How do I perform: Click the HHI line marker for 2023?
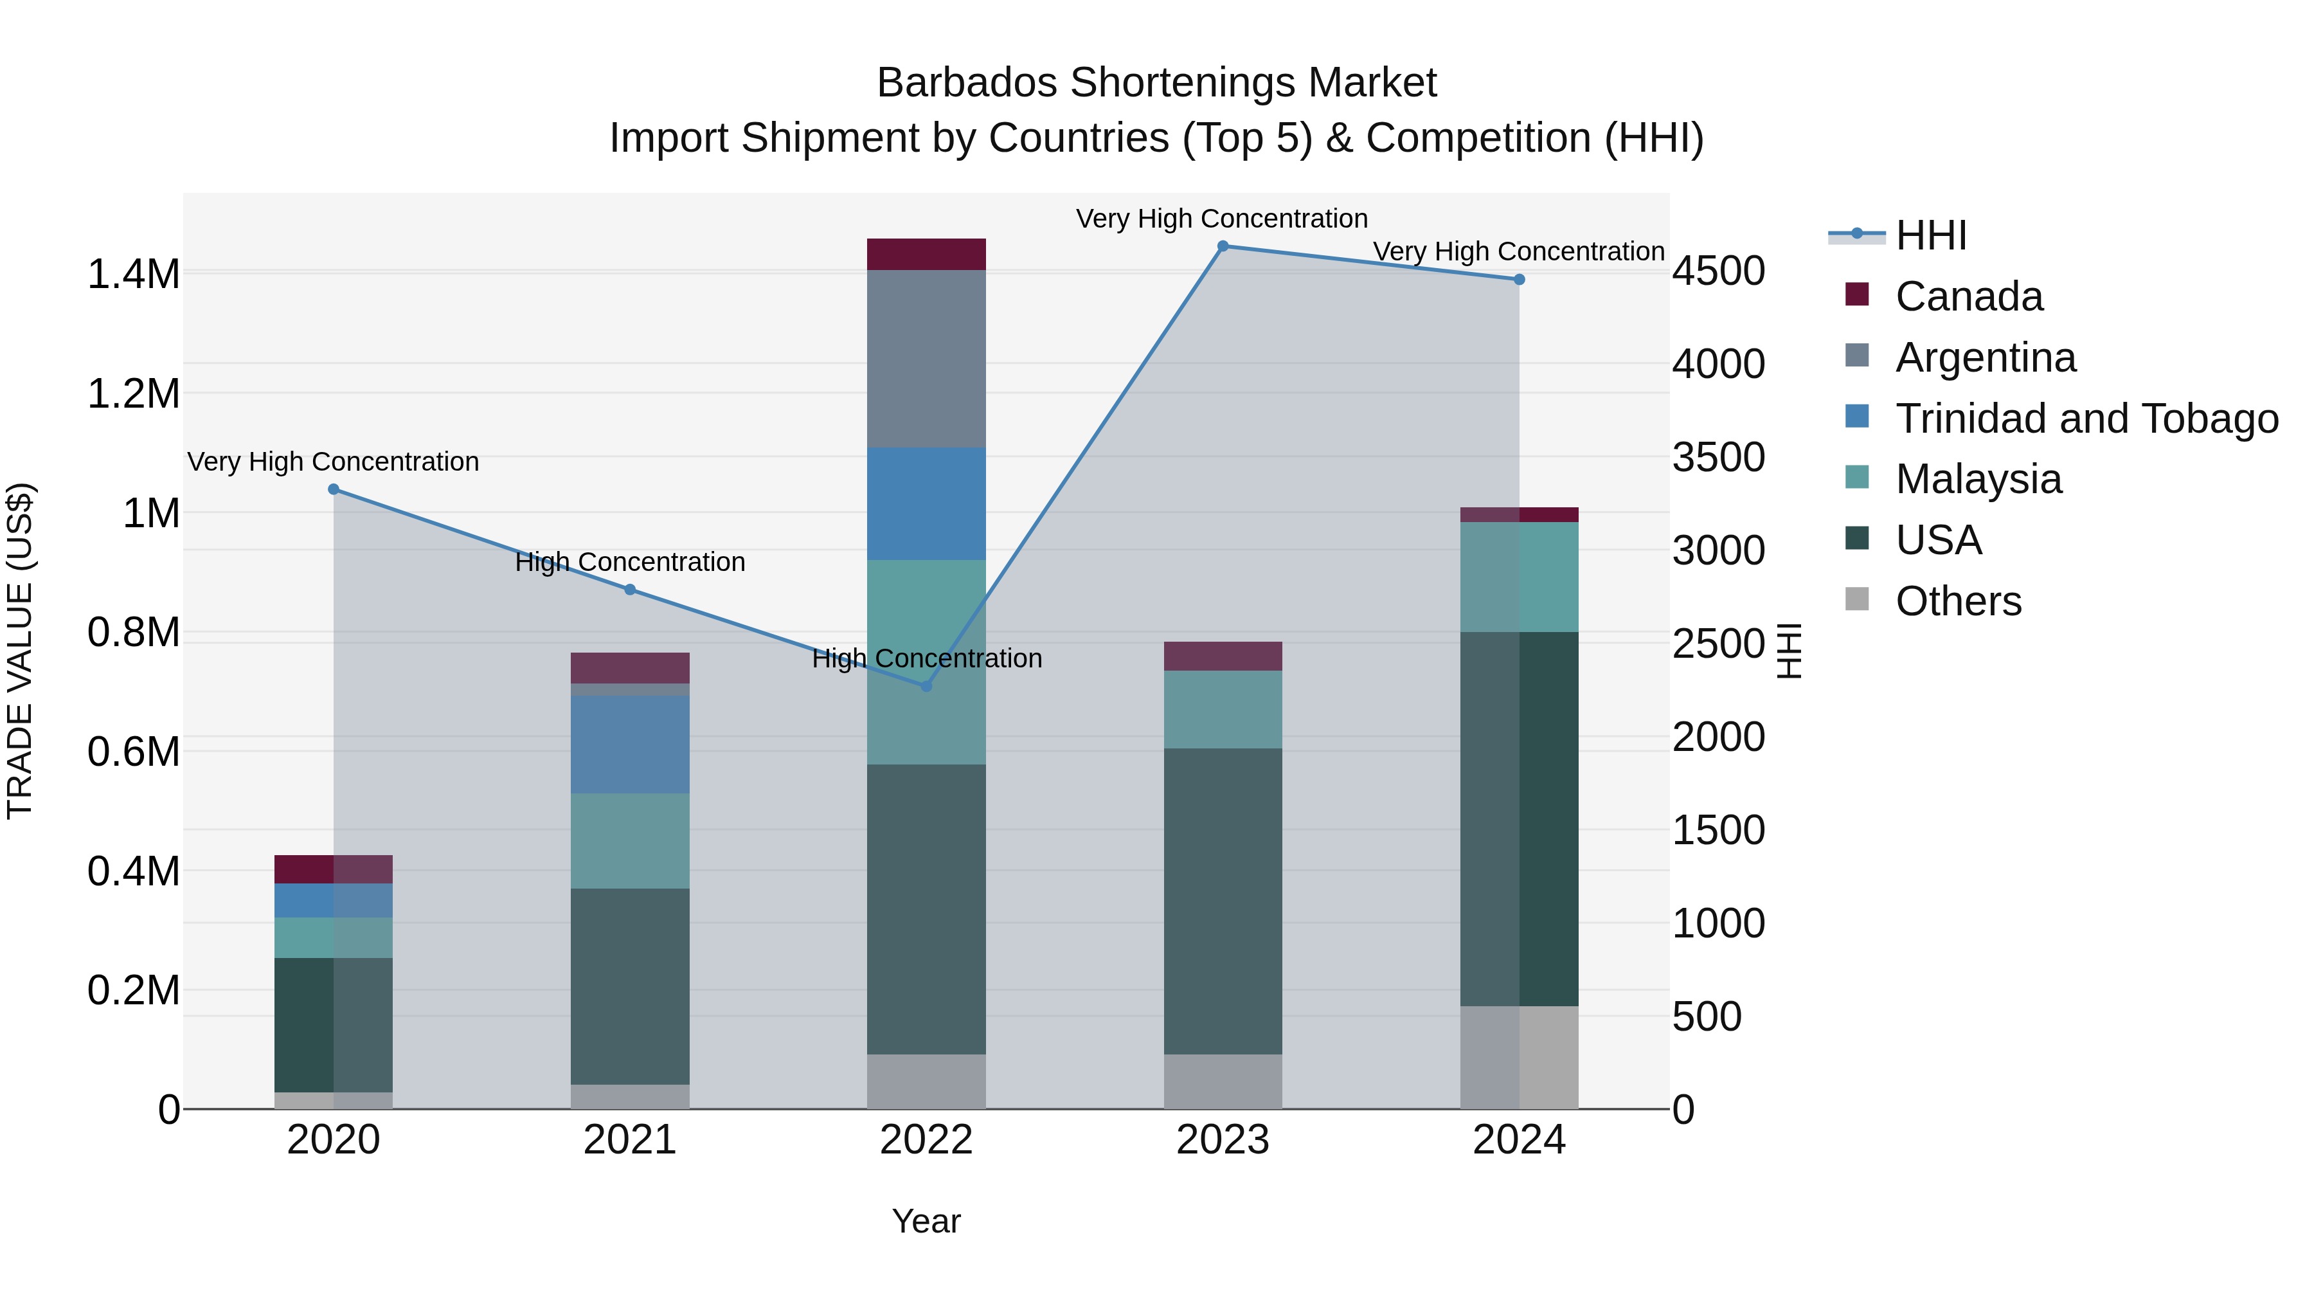1223,246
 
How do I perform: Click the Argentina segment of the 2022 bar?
926,359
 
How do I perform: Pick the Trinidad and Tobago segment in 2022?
926,504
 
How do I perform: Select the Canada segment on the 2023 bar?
1223,656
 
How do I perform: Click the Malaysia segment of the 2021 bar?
630,841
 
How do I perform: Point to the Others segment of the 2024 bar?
1519,1058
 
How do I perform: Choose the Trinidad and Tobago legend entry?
2086,419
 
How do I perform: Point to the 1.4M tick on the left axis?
134,274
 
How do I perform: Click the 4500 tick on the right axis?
1718,271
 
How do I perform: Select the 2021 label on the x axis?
630,1140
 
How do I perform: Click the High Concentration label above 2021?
630,563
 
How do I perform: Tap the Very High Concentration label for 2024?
1518,251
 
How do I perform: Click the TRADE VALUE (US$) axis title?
20,651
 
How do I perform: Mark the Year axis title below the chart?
926,1221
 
